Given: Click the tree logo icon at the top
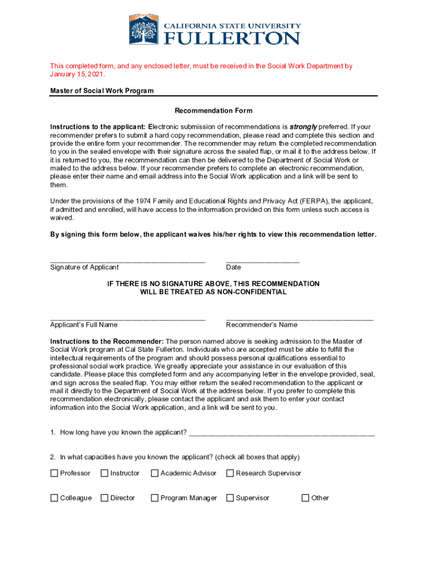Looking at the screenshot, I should [x=144, y=30].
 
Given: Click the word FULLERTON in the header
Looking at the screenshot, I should [x=232, y=38].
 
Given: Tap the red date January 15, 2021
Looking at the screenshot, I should [x=77, y=74].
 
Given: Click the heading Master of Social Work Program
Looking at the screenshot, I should [x=102, y=90].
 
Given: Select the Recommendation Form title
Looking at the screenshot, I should [x=213, y=111].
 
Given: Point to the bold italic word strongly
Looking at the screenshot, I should [x=303, y=126].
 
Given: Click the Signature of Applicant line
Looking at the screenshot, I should [x=128, y=260].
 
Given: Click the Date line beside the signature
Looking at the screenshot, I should [x=262, y=260].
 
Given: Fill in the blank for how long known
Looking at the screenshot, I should [x=282, y=433].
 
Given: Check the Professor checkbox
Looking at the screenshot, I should [x=54, y=473].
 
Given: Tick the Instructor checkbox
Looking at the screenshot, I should [x=104, y=473].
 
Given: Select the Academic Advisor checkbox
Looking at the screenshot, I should [x=155, y=473].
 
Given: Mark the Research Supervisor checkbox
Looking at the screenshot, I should [x=230, y=473].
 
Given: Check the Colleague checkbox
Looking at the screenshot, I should [x=54, y=498].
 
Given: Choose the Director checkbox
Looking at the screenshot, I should [x=104, y=498].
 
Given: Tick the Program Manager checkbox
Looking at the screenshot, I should [x=155, y=498].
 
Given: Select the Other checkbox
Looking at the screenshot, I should [x=305, y=498].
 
